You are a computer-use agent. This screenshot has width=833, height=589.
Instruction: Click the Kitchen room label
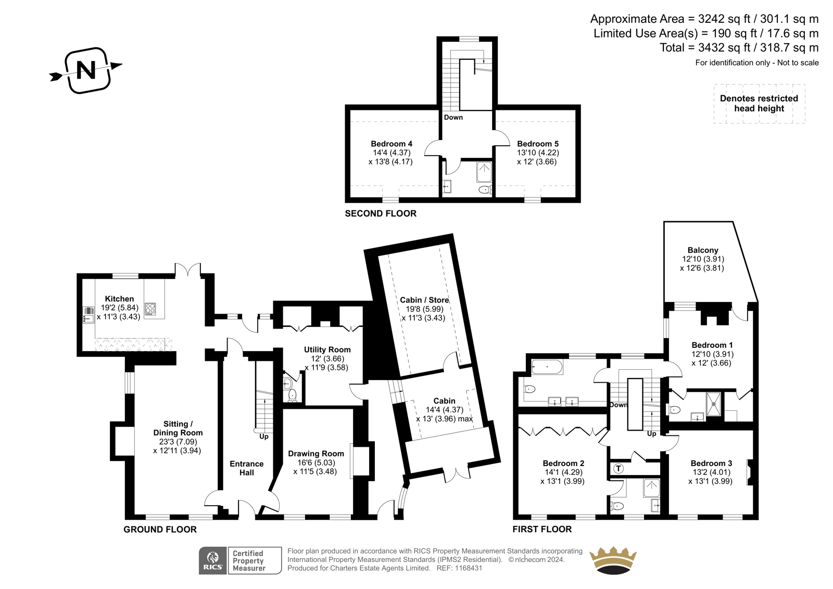[x=119, y=299]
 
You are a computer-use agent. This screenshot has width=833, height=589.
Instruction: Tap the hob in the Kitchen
[x=150, y=309]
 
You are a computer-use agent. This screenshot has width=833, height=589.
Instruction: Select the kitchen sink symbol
[x=89, y=315]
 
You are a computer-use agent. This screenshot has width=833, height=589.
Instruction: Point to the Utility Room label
[x=327, y=350]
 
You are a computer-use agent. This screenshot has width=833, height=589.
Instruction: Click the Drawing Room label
[x=315, y=454]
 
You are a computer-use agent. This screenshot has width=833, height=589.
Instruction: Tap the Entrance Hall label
[x=247, y=468]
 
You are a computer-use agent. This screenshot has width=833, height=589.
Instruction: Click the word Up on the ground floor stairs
[x=263, y=436]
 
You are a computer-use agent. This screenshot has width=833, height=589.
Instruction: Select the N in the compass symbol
[x=86, y=70]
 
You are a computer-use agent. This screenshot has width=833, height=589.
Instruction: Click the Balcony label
[x=703, y=250]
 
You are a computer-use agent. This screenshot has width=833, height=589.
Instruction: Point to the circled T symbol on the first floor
[x=618, y=468]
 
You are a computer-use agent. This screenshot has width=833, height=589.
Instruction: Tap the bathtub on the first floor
[x=547, y=367]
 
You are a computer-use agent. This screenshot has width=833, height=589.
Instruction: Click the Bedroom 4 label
[x=391, y=144]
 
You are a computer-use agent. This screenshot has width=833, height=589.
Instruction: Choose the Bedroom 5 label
[x=538, y=144]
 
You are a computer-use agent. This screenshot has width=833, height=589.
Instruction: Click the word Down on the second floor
[x=453, y=117]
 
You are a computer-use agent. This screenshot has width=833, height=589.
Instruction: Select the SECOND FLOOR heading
[x=381, y=214]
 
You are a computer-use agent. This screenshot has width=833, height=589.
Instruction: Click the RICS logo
[x=213, y=560]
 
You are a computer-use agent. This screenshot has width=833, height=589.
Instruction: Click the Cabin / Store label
[x=424, y=300]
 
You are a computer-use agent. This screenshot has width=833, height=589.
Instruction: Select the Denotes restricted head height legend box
[x=759, y=104]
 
